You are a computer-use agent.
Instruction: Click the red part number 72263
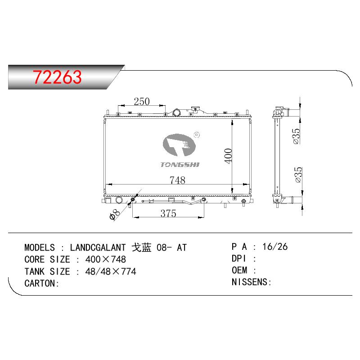(x=57, y=76)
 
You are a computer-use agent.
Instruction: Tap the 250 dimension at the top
(x=142, y=102)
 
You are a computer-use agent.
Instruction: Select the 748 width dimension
(x=177, y=180)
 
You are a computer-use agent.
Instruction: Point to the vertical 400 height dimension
(x=228, y=156)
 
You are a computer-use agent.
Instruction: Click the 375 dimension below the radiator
(x=168, y=213)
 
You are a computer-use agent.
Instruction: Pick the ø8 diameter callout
(x=115, y=214)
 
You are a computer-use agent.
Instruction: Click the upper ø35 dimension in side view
(x=296, y=136)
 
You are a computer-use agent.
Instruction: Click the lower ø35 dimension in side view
(x=298, y=175)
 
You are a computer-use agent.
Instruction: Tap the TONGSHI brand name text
(x=180, y=165)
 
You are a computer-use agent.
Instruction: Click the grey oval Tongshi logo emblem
(x=179, y=145)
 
